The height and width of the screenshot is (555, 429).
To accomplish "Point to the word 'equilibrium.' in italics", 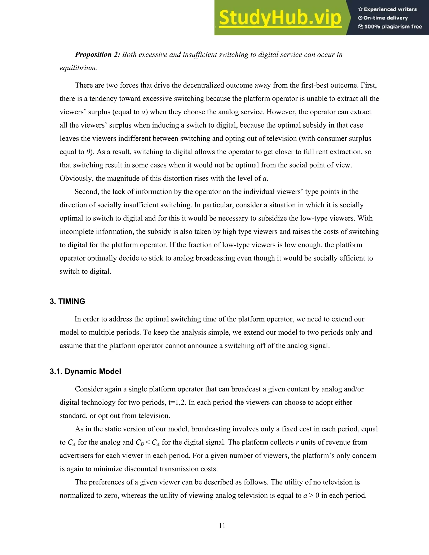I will click(78, 68).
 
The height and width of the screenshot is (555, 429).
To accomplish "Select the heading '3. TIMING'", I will click(67, 301).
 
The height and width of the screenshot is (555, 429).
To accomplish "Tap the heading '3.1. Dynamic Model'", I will click(85, 372).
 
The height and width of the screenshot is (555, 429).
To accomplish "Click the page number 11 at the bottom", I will click(222, 525).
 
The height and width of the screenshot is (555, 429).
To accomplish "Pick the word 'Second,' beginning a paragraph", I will click(87, 192).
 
